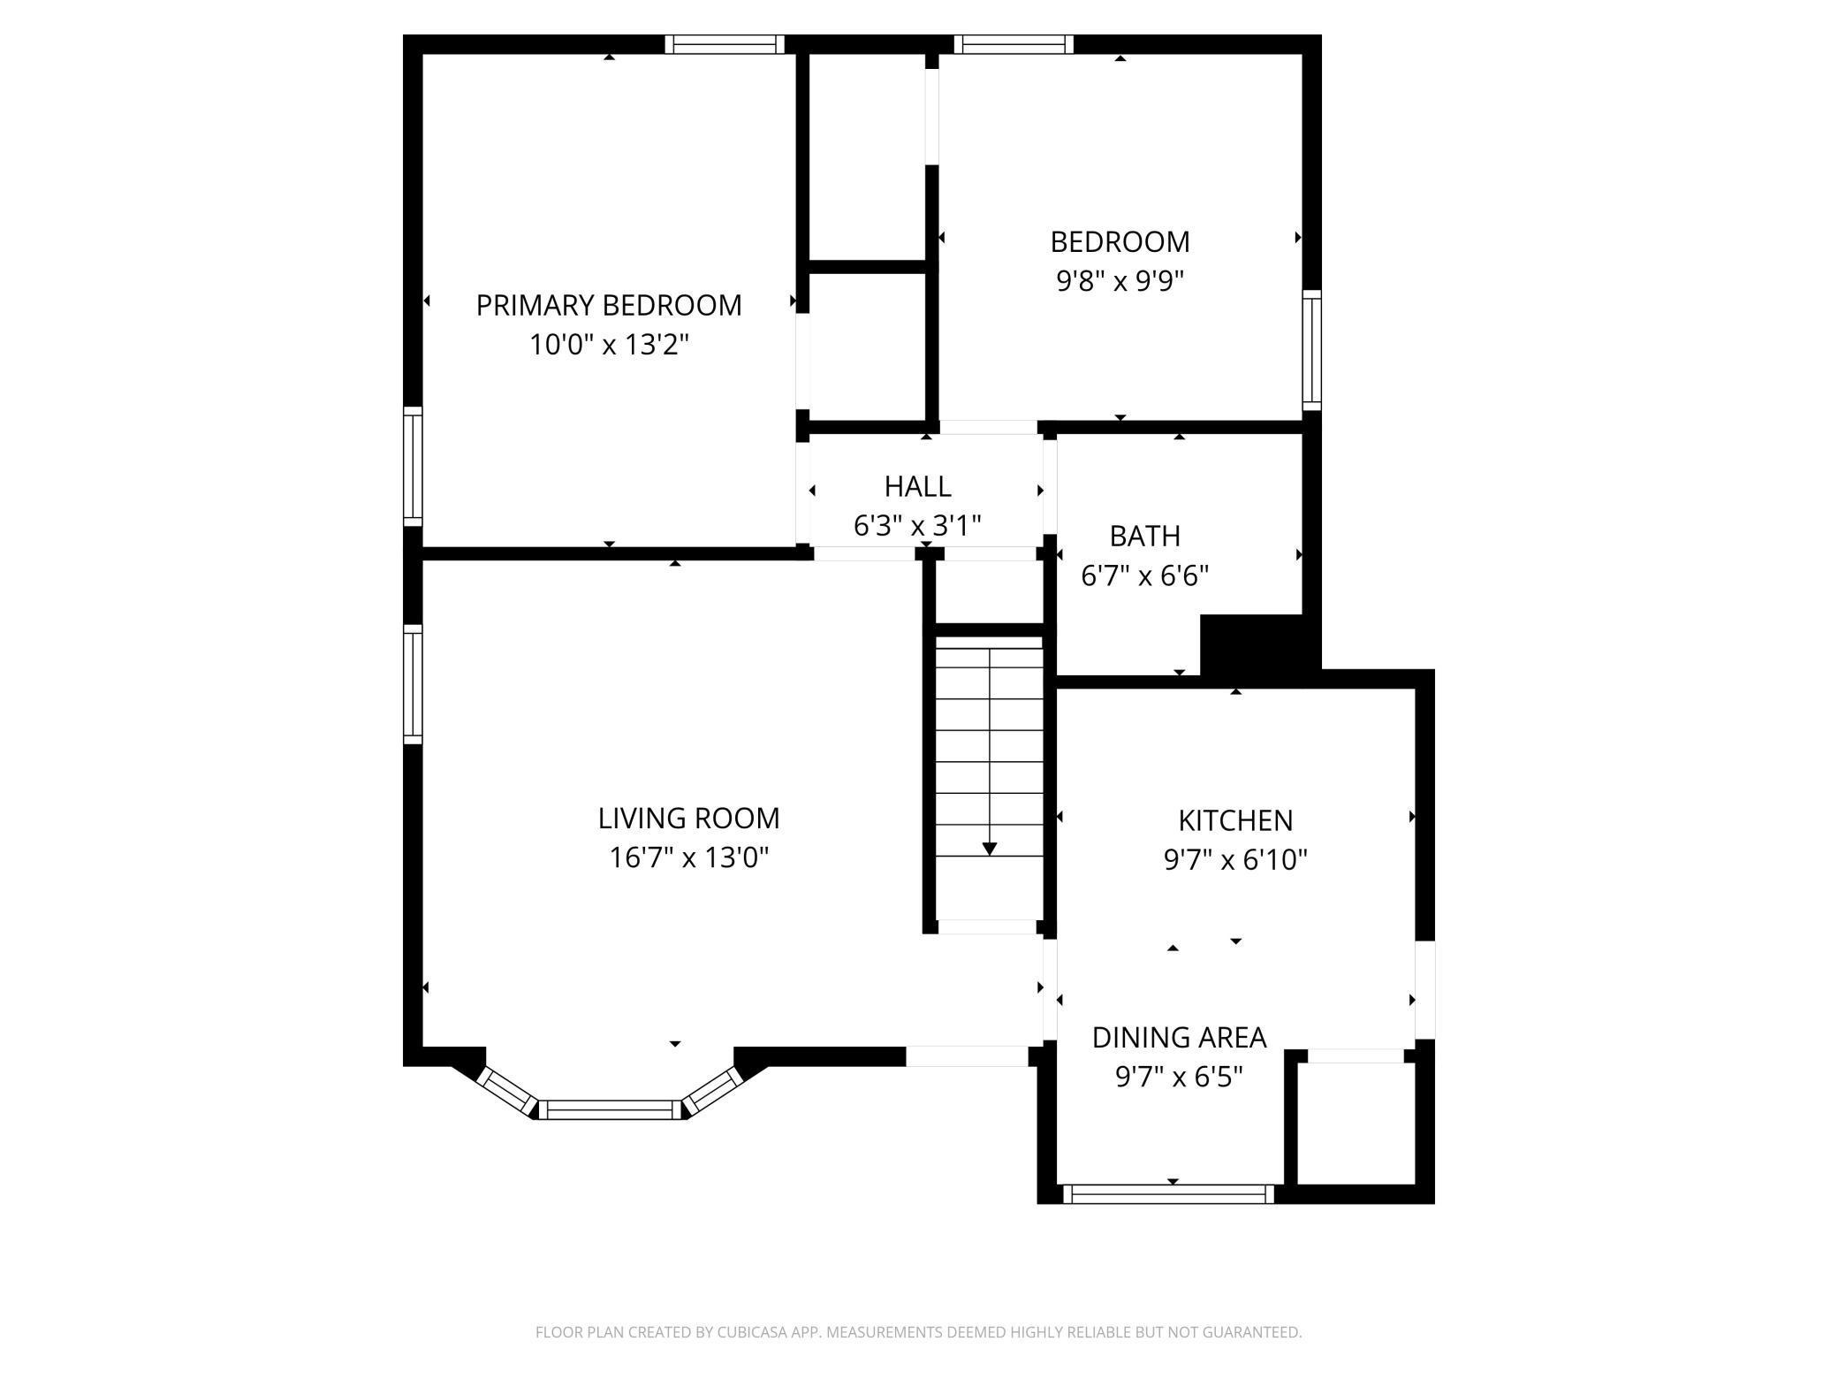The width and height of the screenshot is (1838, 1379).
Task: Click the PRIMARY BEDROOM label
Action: click(x=609, y=305)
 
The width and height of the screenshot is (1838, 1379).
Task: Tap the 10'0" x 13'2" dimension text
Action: click(x=609, y=344)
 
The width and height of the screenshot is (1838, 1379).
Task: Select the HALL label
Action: click(x=917, y=486)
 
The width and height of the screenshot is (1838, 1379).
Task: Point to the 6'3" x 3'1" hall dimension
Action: click(x=917, y=526)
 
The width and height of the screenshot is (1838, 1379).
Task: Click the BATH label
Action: click(x=1145, y=536)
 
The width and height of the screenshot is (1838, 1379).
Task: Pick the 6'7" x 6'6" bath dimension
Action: click(x=1145, y=575)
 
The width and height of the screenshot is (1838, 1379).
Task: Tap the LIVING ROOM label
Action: click(x=689, y=818)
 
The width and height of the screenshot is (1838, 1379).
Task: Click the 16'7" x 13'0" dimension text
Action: click(x=689, y=857)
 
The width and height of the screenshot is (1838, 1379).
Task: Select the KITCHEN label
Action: click(x=1235, y=820)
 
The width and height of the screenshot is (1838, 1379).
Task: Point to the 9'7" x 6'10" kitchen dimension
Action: click(x=1235, y=859)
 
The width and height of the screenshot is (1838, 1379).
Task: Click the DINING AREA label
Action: click(x=1180, y=1037)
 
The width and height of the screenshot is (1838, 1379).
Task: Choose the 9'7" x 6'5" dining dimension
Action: click(x=1180, y=1077)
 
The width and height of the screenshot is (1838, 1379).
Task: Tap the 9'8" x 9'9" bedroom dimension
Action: click(x=1120, y=280)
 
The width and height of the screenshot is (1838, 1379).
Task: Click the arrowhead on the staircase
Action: click(x=990, y=849)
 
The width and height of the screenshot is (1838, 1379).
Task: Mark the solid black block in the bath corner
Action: click(x=1251, y=645)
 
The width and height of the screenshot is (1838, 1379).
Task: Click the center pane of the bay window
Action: click(x=611, y=1109)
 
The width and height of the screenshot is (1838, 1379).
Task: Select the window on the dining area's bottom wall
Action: click(x=1168, y=1194)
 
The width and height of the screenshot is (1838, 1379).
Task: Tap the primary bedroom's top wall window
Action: click(x=725, y=44)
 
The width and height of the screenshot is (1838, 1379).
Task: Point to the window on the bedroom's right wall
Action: click(x=1312, y=350)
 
